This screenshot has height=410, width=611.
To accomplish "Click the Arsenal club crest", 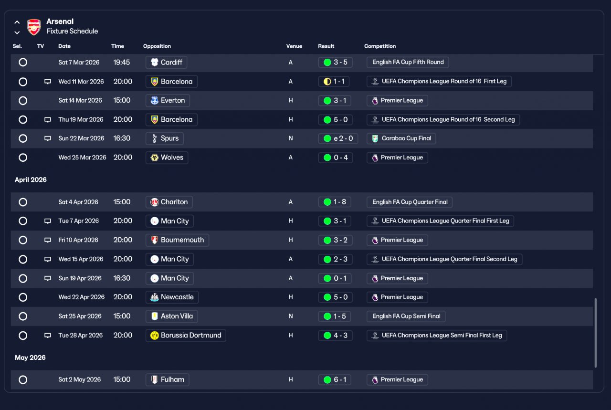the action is tap(34, 27).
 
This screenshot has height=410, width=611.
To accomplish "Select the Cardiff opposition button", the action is tap(166, 62).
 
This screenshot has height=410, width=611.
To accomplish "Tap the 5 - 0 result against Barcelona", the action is tap(335, 119).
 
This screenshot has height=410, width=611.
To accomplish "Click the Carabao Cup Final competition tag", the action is tap(401, 138).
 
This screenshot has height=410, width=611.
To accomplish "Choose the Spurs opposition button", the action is tap(165, 138).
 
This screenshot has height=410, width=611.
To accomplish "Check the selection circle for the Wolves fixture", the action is tap(23, 158).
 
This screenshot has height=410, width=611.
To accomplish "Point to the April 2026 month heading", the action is tap(31, 180).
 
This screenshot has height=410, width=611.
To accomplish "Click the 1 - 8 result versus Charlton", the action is tap(335, 202).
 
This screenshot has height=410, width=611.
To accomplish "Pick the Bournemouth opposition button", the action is tap(177, 240).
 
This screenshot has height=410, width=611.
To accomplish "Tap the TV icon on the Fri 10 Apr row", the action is tap(48, 240).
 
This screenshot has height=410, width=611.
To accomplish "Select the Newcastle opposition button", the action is tap(172, 297).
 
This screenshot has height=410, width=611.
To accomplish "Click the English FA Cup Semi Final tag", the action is tap(406, 316).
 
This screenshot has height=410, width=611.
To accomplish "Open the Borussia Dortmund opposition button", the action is tap(186, 335).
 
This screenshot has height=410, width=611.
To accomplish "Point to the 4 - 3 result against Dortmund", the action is tap(335, 335).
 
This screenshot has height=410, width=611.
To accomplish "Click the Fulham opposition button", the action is tap(168, 379).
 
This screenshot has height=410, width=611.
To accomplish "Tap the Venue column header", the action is tap(294, 46).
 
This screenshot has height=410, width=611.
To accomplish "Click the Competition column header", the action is tap(380, 46).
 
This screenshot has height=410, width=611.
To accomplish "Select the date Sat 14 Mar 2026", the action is tap(80, 100).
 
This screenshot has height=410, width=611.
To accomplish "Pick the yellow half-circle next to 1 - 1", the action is tap(327, 82).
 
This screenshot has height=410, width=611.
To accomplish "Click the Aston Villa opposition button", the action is tap(172, 316).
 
